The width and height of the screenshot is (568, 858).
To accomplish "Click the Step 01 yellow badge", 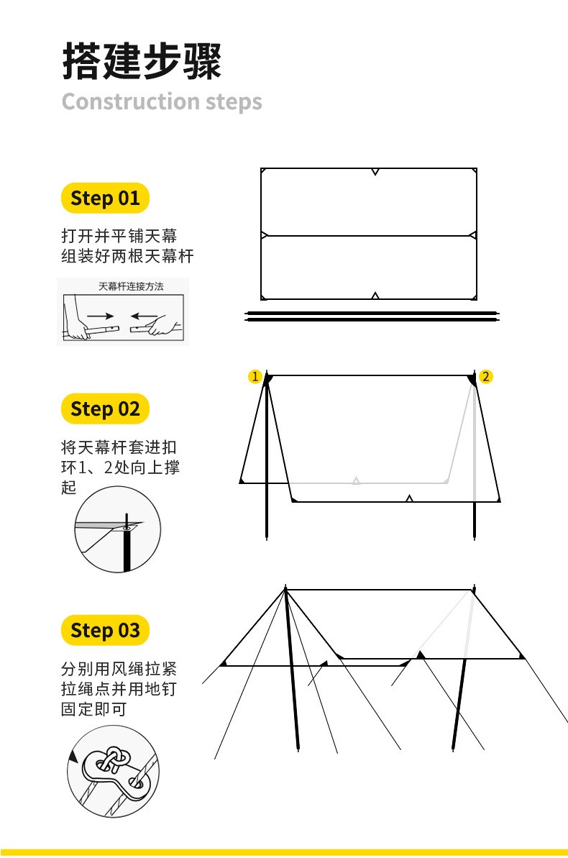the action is [105, 198].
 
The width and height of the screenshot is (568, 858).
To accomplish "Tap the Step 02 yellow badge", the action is [105, 409].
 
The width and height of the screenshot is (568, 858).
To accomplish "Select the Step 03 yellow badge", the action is [105, 630].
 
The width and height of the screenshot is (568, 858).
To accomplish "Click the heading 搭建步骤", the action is [142, 60].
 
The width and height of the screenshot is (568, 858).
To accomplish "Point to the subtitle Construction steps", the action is [162, 102].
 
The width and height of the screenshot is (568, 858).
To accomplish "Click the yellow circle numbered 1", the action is [255, 376].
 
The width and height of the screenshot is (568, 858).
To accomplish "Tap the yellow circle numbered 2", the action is [485, 376].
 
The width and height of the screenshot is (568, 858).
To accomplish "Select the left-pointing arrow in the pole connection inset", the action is [144, 316].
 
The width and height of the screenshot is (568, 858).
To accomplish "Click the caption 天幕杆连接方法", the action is [131, 286].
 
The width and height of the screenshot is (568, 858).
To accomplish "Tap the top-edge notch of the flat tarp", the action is [375, 172].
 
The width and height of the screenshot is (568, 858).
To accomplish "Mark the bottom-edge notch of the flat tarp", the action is [375, 296].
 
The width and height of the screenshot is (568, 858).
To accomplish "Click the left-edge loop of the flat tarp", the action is [265, 235].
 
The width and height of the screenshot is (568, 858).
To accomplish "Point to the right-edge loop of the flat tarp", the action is [473, 235].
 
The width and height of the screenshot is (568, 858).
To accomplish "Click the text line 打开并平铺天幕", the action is [119, 236].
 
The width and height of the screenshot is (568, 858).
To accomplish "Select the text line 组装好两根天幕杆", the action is [127, 256].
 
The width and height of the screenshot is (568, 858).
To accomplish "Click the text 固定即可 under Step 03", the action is [94, 709].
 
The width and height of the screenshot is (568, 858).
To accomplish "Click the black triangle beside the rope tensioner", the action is [73, 757].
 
